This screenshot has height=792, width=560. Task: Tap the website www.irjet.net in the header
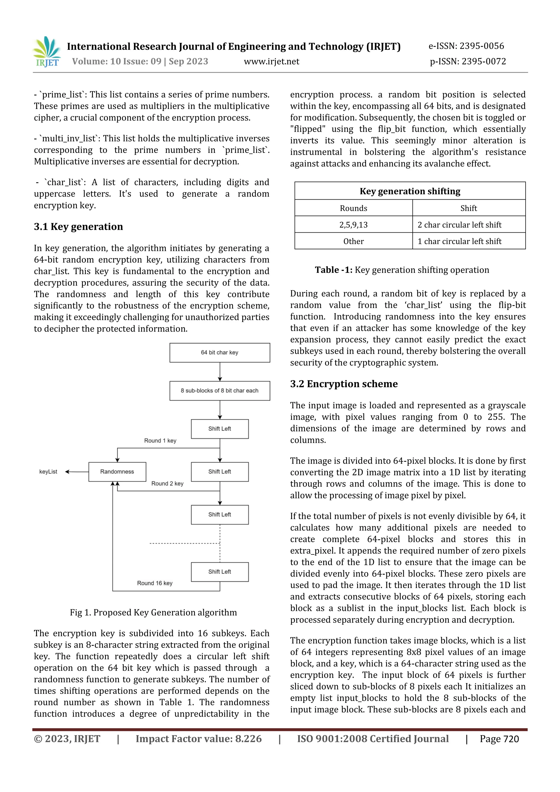click(272, 62)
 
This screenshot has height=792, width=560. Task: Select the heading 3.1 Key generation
click(78, 227)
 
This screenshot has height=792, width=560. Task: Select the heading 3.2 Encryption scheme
click(344, 384)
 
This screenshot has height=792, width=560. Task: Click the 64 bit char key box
click(220, 353)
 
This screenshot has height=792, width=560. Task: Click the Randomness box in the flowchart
click(117, 472)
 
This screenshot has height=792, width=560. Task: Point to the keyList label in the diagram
click(48, 472)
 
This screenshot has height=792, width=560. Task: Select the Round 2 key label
click(167, 483)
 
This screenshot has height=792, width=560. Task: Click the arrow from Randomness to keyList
click(77, 472)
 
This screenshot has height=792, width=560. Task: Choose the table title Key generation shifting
click(410, 191)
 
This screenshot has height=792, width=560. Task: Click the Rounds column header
click(353, 208)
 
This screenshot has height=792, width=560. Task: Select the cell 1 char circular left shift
click(459, 241)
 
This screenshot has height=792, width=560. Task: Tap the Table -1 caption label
click(333, 270)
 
